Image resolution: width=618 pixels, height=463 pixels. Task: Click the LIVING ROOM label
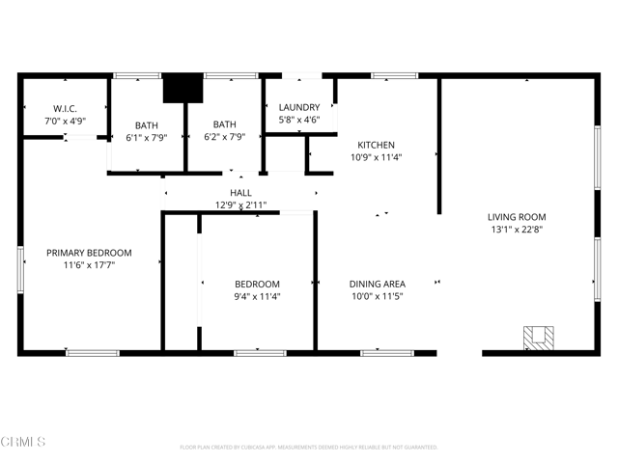[x=517, y=217]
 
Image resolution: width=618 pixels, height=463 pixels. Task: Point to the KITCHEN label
[x=376, y=145]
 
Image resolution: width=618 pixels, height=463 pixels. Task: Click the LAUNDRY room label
[x=298, y=107]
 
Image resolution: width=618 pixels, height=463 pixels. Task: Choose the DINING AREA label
[x=377, y=284]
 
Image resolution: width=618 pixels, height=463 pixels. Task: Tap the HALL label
[x=240, y=193]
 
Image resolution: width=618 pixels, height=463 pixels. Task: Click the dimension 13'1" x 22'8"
[x=517, y=230]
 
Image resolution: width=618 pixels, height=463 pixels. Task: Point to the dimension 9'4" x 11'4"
[x=257, y=296]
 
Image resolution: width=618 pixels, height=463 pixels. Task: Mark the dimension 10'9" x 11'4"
[x=376, y=157]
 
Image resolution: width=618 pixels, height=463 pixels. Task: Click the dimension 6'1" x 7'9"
[x=147, y=137]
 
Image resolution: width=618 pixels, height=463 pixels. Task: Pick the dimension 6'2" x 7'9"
[x=225, y=137]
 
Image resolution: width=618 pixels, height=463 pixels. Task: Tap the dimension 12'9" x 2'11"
[x=240, y=205]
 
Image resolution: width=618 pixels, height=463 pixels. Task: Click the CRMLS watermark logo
[x=25, y=442]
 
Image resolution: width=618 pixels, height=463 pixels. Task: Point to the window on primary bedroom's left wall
[x=20, y=269]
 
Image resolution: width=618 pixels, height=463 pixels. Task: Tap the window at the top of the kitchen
[x=388, y=75]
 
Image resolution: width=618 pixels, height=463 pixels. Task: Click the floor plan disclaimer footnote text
[x=309, y=448]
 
